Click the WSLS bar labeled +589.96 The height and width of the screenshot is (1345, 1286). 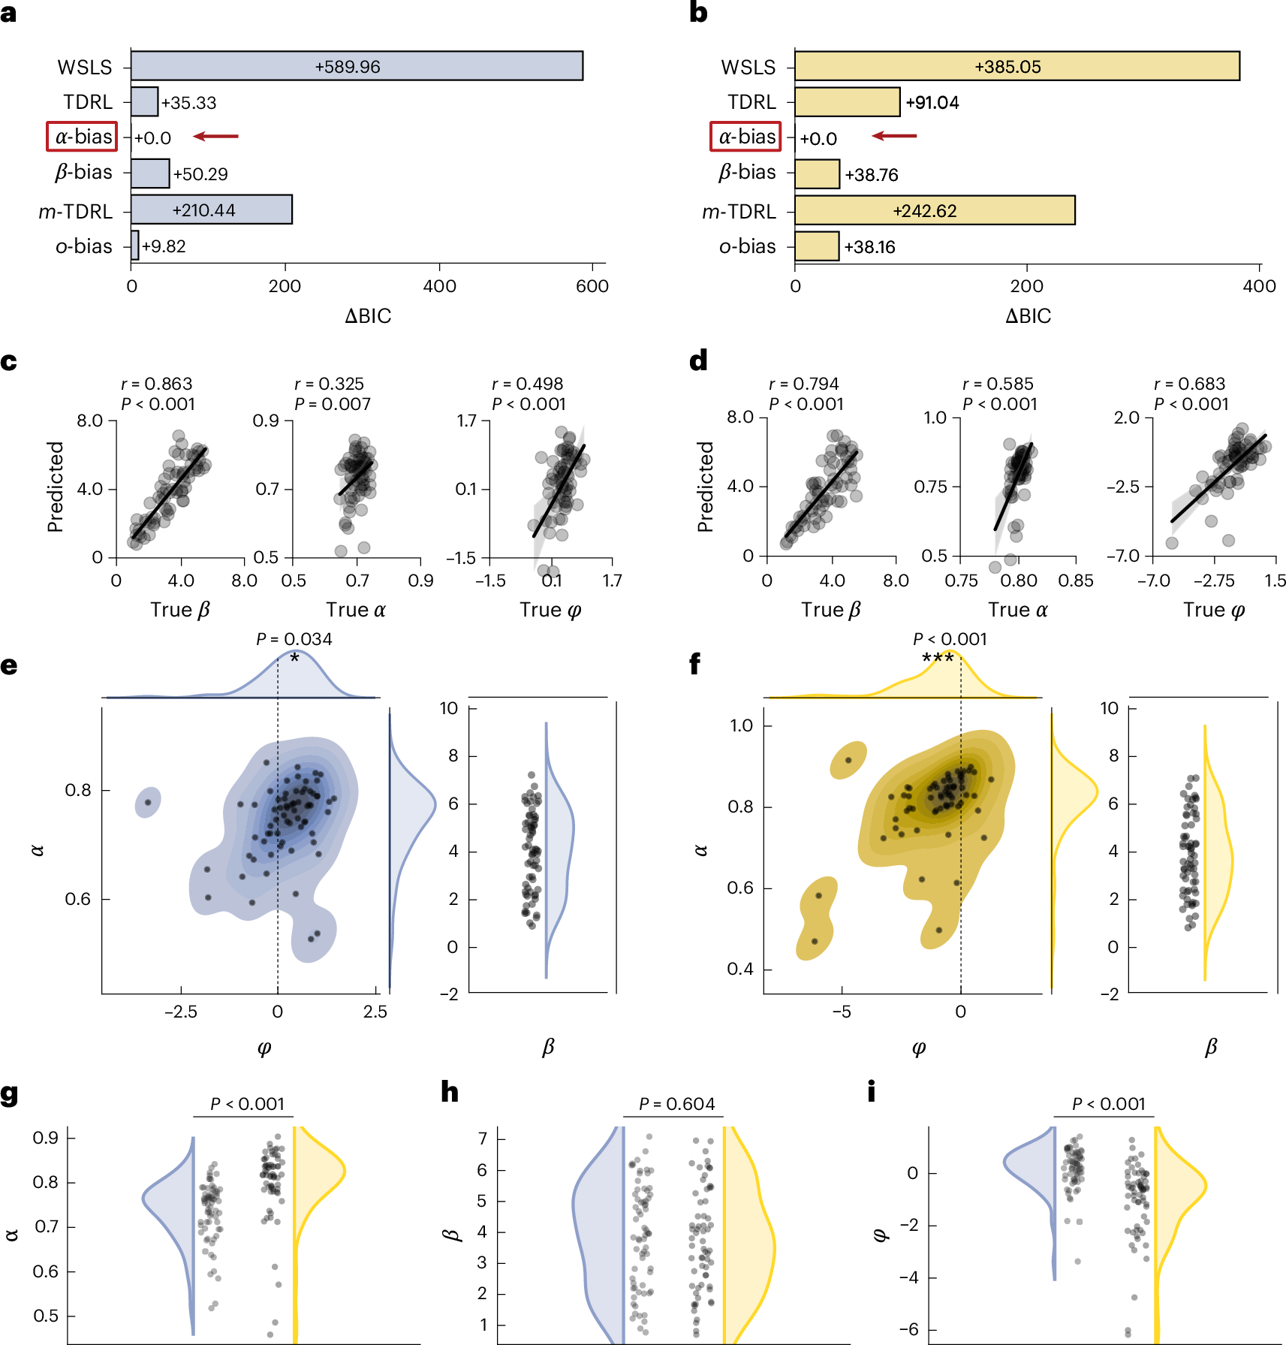pos(357,66)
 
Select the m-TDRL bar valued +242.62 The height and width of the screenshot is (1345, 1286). pos(935,210)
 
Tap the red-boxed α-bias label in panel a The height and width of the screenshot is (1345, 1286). pos(83,137)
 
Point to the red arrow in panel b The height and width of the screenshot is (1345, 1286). pos(894,136)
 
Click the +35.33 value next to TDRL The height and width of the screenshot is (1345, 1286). pos(188,103)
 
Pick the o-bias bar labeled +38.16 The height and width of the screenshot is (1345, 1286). pos(817,246)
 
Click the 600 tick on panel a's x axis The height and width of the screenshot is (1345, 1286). pos(592,286)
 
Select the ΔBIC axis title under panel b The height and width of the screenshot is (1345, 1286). pos(1028,316)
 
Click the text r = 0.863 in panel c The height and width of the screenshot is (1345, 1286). pos(157,384)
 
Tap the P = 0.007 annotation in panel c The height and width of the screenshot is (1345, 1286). pos(333,404)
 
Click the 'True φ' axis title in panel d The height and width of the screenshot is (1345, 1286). pos(1214,610)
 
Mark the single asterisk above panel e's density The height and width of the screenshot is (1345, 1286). pos(294,659)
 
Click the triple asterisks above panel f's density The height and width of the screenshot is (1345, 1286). pos(938,659)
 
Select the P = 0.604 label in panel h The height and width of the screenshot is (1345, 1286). pos(676,1104)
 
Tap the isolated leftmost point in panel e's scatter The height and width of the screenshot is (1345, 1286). pos(148,803)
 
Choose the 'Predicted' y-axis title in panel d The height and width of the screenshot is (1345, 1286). pos(705,487)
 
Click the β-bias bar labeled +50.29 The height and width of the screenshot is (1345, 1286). pos(150,173)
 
